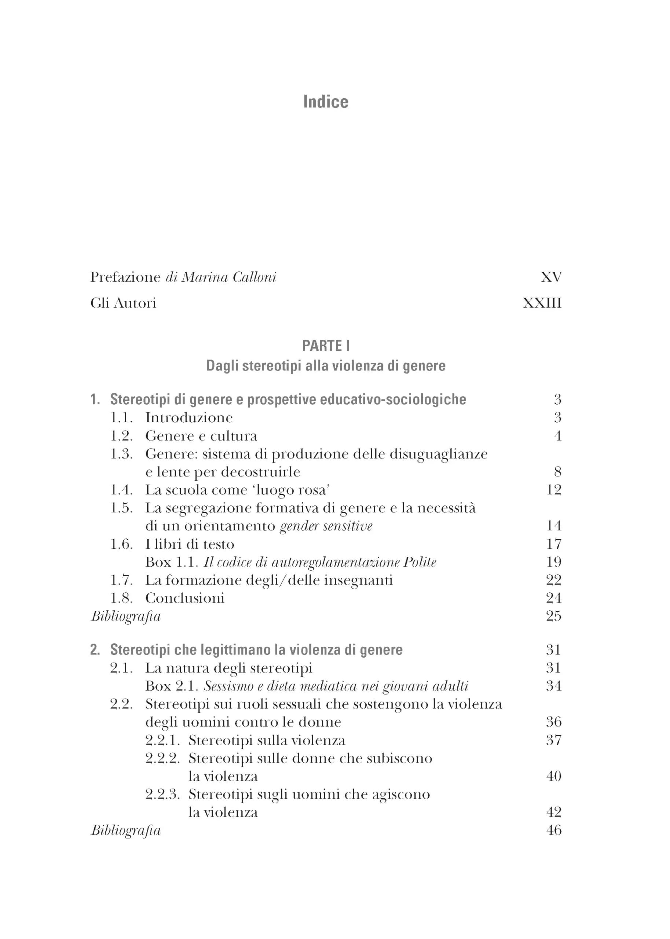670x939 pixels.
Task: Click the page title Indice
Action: [x=326, y=102]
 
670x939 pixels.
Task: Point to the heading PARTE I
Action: [x=326, y=346]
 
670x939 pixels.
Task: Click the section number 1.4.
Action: [x=121, y=490]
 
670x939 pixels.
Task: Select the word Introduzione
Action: [x=188, y=417]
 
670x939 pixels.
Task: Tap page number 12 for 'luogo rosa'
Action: [x=553, y=490]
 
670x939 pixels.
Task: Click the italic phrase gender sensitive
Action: [x=326, y=526]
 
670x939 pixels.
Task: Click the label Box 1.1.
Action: [x=171, y=562]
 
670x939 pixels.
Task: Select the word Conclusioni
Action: [x=184, y=598]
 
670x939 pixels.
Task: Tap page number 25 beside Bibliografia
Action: [x=553, y=616]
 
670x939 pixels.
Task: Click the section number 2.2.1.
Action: [x=162, y=741]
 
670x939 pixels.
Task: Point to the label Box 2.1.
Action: [x=171, y=686]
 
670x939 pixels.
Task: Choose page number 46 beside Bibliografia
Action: [x=553, y=830]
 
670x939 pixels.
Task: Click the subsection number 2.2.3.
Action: [x=162, y=794]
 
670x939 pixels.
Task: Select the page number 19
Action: [x=553, y=562]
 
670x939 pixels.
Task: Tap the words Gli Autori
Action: [x=123, y=303]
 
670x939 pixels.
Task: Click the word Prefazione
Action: [x=125, y=277]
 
